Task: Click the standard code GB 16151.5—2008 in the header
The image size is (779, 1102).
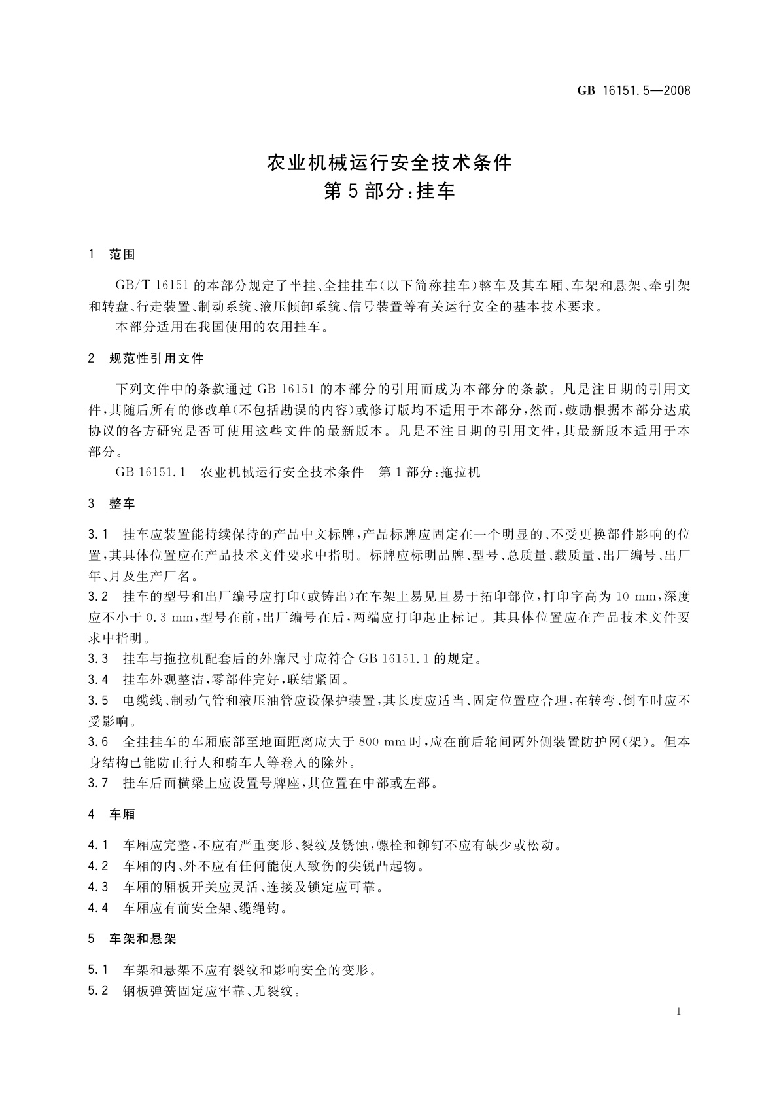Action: click(633, 91)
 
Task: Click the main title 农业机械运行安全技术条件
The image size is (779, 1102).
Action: click(389, 162)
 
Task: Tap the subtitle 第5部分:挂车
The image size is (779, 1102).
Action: click(389, 192)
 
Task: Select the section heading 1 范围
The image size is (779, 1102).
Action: click(111, 255)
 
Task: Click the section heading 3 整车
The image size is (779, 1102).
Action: click(111, 503)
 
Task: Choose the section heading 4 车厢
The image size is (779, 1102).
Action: click(111, 814)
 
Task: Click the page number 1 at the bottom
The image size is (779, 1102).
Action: click(678, 1012)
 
